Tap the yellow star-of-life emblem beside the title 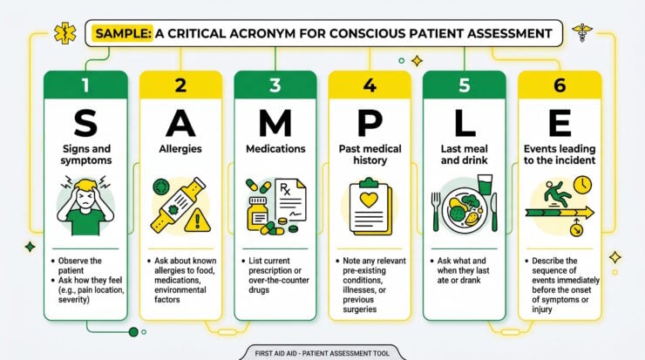(65, 33)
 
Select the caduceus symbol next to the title (582, 32)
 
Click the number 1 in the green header (85, 85)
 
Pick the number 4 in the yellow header (370, 85)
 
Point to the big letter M (275, 123)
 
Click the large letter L (465, 123)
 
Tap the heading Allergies (180, 149)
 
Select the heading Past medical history (370, 154)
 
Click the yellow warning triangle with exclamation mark (198, 221)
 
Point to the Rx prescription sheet (291, 200)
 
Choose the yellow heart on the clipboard (369, 200)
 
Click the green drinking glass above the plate (485, 184)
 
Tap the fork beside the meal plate (436, 212)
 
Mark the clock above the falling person (582, 185)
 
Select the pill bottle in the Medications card (257, 214)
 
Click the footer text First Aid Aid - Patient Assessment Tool (322, 353)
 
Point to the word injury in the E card (542, 309)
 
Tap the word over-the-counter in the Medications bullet (279, 280)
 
